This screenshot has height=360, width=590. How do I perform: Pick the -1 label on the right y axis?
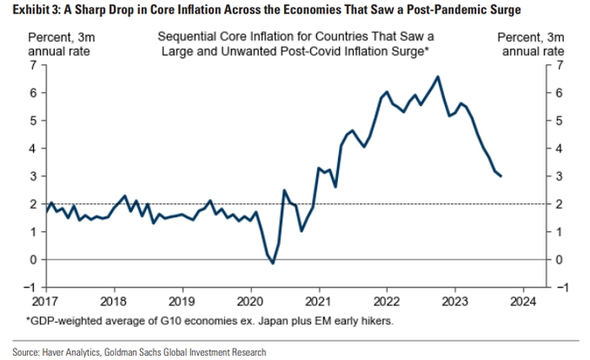[562, 287]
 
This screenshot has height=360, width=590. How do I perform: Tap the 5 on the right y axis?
[560, 121]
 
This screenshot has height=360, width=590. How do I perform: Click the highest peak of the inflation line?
[437, 77]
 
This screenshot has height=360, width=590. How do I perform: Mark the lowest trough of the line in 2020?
[272, 263]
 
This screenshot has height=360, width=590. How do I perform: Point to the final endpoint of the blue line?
[501, 176]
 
